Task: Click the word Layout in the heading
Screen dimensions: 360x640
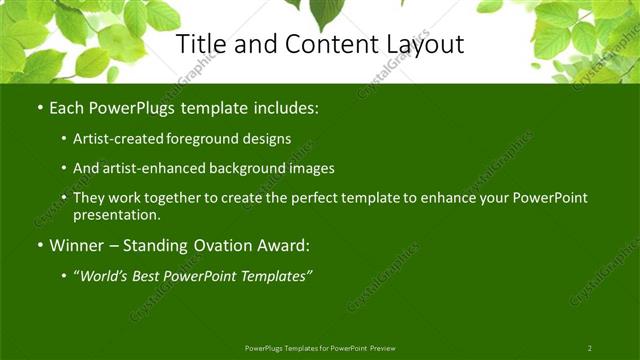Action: pyautogui.click(x=424, y=44)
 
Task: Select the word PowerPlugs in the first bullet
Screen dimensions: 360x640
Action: pyautogui.click(x=129, y=108)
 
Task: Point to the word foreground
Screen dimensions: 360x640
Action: pyautogui.click(x=213, y=139)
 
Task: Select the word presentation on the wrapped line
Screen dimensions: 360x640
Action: pyautogui.click(x=116, y=214)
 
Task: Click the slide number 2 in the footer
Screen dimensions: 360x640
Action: pyautogui.click(x=589, y=348)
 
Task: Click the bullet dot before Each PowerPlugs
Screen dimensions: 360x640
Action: pyautogui.click(x=39, y=108)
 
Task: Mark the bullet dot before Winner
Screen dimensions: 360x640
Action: pyautogui.click(x=39, y=245)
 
